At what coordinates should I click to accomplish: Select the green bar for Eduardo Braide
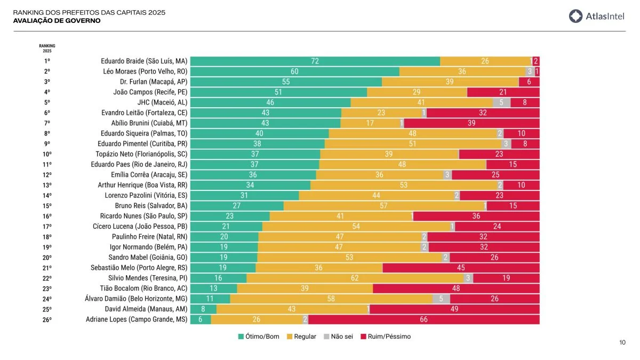pos(315,61)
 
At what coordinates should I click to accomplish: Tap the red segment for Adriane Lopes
pos(423,319)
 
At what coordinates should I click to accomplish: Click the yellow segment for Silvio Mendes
pos(355,278)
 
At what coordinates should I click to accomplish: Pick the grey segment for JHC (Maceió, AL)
pos(501,102)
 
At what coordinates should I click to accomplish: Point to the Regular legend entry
pos(301,337)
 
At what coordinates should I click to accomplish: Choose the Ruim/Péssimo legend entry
pos(386,337)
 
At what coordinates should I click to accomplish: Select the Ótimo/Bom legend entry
pos(260,337)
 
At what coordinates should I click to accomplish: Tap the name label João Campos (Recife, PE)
pos(150,92)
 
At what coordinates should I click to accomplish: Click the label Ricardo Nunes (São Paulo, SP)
pos(143,216)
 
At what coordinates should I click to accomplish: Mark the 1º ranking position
pos(47,61)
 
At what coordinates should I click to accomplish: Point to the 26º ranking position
pos(47,319)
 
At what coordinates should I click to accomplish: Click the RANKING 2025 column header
pos(47,48)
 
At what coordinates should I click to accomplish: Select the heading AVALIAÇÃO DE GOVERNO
pos(57,21)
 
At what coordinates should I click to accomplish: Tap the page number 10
pos(622,342)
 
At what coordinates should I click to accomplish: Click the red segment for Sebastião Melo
pos(461,268)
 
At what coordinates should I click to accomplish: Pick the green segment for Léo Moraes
pos(294,71)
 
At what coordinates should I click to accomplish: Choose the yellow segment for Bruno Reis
pos(383,206)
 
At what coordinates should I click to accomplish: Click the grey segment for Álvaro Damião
pos(441,299)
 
